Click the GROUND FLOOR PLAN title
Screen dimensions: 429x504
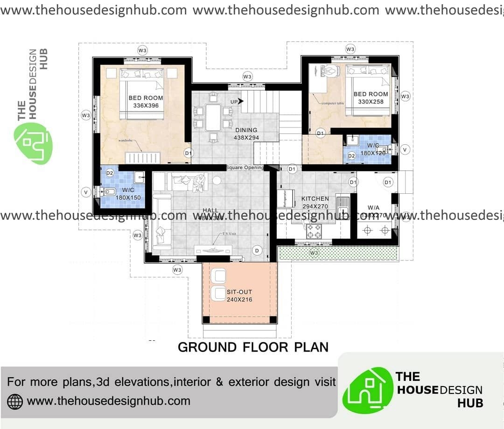click(253, 347)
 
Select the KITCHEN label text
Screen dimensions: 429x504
click(315, 198)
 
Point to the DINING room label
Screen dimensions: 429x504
click(246, 130)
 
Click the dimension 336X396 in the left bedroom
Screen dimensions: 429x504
click(146, 105)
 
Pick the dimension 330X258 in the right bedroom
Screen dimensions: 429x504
click(371, 101)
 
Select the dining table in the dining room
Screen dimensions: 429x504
click(213, 117)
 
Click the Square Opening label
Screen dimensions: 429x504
click(245, 168)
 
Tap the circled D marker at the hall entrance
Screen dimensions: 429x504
click(256, 250)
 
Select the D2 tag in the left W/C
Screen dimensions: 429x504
click(110, 173)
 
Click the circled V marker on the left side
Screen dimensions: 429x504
click(86, 192)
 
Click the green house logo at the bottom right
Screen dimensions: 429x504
click(367, 389)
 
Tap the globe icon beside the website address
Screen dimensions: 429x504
click(15, 401)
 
